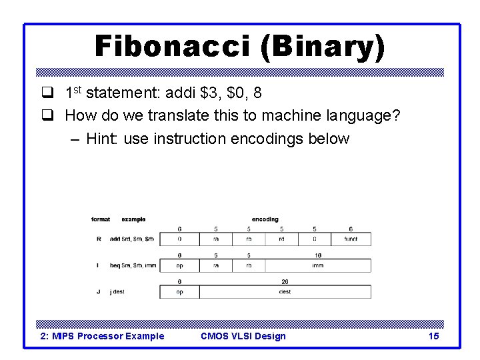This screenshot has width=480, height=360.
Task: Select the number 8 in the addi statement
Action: point(258,91)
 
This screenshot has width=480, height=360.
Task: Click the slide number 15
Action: point(433,336)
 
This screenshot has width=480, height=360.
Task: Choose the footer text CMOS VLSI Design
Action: point(243,336)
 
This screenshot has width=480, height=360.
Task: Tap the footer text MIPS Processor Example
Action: point(102,336)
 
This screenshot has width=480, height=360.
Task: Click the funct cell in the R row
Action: point(351,239)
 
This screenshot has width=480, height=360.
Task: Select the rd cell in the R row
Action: point(281,239)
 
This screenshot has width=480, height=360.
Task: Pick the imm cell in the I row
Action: point(317,265)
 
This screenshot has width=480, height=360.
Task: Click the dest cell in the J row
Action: point(285,292)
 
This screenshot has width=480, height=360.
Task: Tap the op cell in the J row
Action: point(179,292)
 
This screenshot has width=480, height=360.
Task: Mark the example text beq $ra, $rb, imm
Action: point(133,265)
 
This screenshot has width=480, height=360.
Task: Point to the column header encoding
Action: point(265,219)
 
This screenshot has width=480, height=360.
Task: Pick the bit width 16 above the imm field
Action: point(317,255)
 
